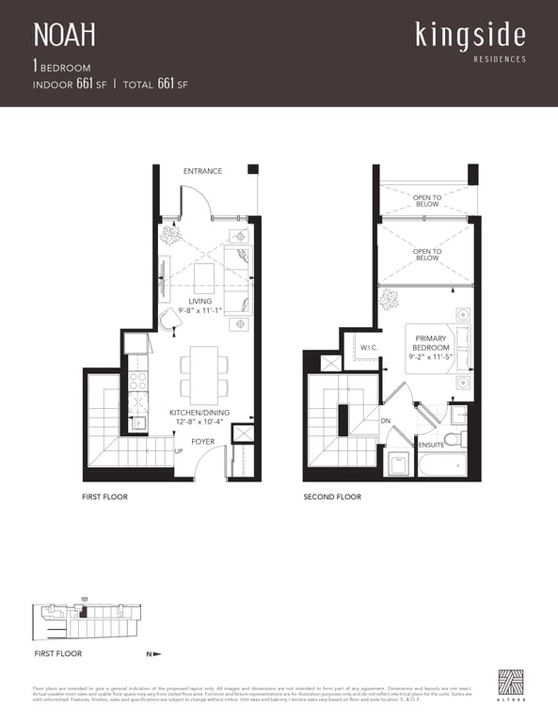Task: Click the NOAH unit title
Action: [65, 36]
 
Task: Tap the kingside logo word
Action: [470, 35]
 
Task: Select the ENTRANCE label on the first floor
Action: [202, 171]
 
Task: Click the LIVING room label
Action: [200, 302]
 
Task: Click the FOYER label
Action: [203, 441]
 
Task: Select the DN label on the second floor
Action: [385, 420]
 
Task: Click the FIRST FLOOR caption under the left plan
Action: [104, 496]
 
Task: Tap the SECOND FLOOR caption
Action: [332, 496]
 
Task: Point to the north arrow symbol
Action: [156, 653]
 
